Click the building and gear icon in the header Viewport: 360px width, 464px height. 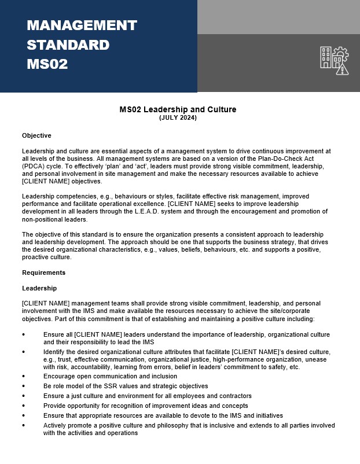335,60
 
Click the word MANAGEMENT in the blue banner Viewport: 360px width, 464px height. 82,25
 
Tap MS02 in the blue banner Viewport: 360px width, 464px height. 47,64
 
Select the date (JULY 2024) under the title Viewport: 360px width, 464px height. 178,118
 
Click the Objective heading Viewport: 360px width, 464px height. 36,135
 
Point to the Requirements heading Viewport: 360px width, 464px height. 43,272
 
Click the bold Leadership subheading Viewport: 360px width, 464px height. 39,288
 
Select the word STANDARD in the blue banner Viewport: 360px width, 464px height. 68,45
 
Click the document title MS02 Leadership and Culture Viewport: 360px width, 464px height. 178,109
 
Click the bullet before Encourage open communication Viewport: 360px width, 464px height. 24,375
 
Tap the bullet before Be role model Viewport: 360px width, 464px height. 24,386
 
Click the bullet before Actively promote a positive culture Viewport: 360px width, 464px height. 24,426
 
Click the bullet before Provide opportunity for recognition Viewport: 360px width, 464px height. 24,406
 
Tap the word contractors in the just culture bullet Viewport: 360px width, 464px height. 233,396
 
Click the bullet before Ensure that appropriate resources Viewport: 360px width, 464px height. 24,416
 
